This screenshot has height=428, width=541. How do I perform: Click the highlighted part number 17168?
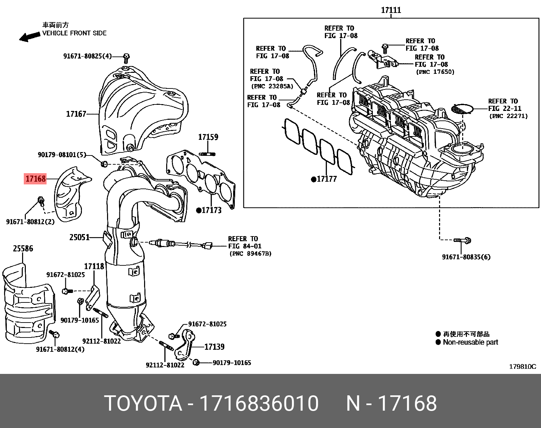pos(35,179)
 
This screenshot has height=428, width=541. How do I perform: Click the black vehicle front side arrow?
pos(29,37)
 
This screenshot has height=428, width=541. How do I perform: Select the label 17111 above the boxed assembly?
pos(391,10)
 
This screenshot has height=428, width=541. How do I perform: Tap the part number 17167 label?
pos(76,114)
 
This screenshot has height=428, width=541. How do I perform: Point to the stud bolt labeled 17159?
pos(207,154)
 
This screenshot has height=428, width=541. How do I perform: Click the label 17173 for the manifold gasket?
pos(211,210)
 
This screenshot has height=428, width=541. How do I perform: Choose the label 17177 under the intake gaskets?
pos(327,179)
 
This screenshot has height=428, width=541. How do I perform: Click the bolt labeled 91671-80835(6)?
pos(463,241)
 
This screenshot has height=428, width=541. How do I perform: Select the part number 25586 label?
pos(23,249)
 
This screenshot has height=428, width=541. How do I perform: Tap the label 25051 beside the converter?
pos(79,237)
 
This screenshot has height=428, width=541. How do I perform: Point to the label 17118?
pos(94,266)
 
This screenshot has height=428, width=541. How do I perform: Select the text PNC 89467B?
pos(250,253)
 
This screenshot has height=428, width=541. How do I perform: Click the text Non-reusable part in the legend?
pos(470,342)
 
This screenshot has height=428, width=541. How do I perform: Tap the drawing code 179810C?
pos(522,366)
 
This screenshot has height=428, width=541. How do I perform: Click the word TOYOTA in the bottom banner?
pos(143,404)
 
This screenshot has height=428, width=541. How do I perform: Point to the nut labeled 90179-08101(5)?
pos(104,164)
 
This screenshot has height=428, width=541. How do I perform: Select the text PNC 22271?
pos(508,116)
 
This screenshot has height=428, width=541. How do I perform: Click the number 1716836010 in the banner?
pos(259,404)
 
